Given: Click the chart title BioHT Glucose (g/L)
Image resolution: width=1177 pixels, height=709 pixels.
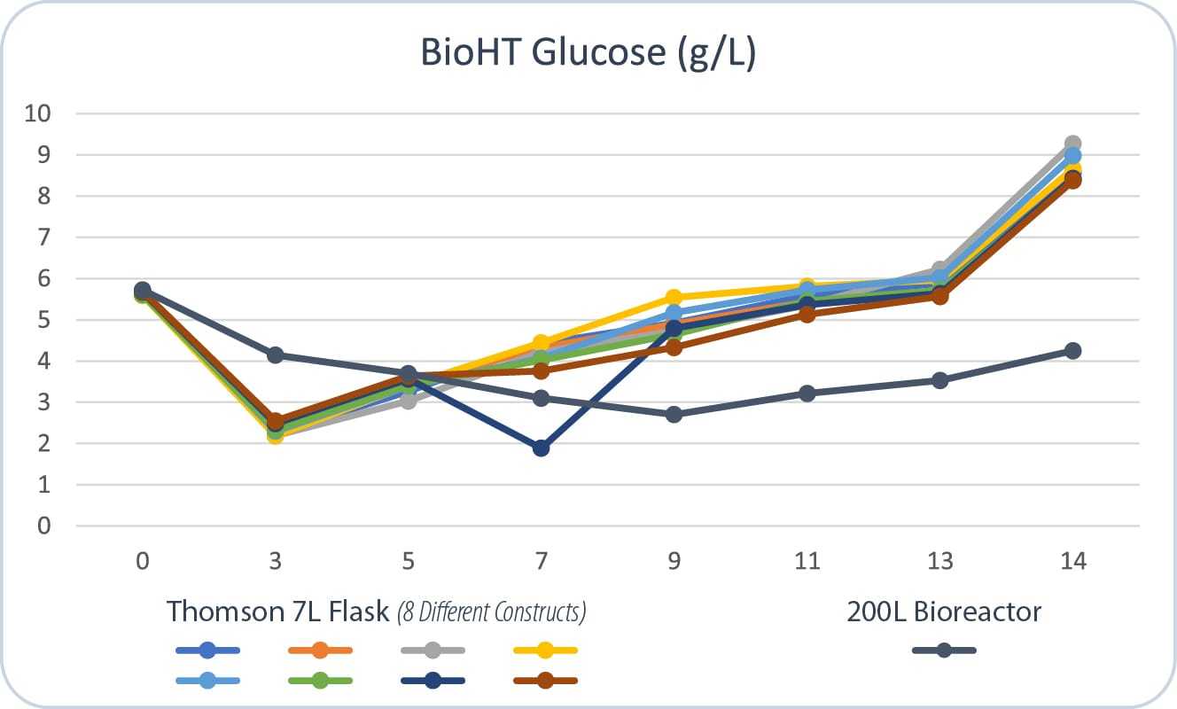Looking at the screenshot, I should pyautogui.click(x=588, y=53).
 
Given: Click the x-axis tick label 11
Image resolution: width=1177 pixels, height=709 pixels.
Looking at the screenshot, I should pyautogui.click(x=807, y=562).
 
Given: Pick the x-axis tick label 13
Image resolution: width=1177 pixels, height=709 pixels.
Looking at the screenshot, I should pyautogui.click(x=939, y=562).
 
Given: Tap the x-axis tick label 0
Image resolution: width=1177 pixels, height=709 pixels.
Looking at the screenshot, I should pyautogui.click(x=142, y=562).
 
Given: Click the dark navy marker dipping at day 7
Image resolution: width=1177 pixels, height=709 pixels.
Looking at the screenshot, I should pyautogui.click(x=541, y=448).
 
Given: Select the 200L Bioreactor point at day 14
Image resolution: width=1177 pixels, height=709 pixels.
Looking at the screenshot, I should pyautogui.click(x=1072, y=351).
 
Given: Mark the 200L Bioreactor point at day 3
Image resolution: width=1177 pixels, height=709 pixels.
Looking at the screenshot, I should pyautogui.click(x=275, y=355).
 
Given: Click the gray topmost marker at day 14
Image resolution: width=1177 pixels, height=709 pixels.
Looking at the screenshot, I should pyautogui.click(x=1072, y=144).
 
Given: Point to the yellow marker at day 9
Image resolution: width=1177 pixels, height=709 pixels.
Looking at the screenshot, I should pyautogui.click(x=674, y=298).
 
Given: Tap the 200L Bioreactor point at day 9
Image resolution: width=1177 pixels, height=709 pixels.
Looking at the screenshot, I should pyautogui.click(x=674, y=415).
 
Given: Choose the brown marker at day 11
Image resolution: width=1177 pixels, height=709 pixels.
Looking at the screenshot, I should pyautogui.click(x=807, y=314).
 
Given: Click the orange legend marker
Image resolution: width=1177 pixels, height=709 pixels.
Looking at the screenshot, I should pyautogui.click(x=320, y=651).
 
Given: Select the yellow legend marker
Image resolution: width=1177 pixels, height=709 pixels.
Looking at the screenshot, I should pyautogui.click(x=545, y=651).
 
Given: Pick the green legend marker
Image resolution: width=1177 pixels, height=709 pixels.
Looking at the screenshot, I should pyautogui.click(x=320, y=681).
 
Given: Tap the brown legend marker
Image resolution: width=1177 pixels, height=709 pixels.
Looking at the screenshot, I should pyautogui.click(x=545, y=681).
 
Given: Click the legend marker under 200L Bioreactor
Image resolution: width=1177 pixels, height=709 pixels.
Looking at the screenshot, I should pyautogui.click(x=944, y=651).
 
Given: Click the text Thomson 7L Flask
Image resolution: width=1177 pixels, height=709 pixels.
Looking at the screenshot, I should pyautogui.click(x=277, y=612).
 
